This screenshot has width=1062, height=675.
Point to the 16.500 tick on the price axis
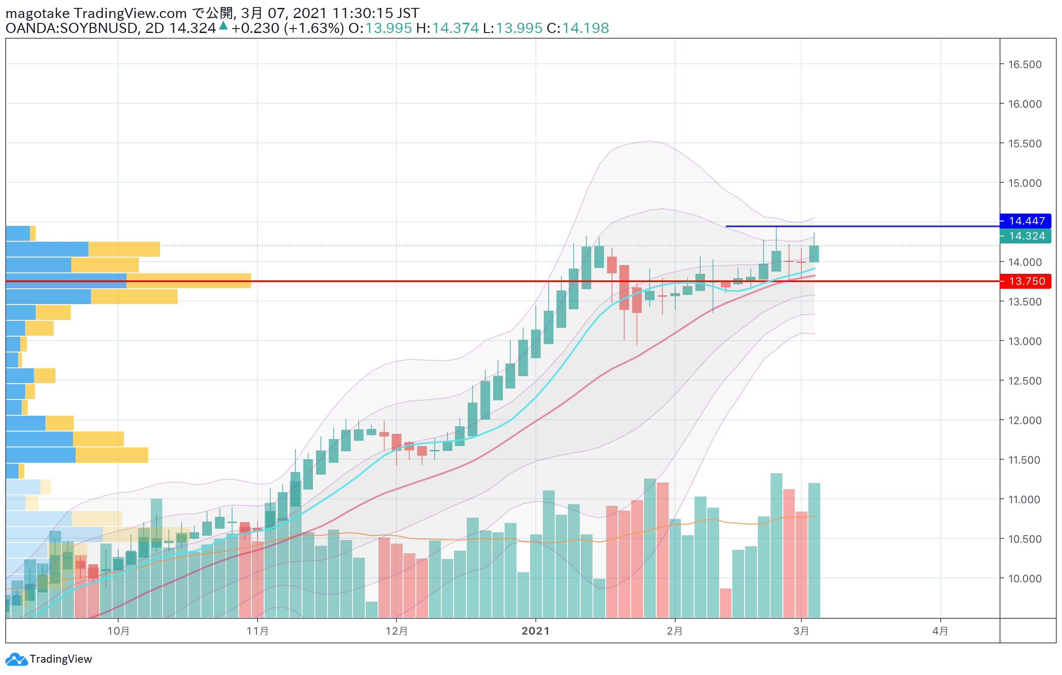1025,64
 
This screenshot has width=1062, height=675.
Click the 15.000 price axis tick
1025,183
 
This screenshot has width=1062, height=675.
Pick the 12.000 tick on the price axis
1025,420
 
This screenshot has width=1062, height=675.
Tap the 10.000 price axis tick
1025,578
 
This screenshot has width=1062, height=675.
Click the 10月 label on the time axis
118,631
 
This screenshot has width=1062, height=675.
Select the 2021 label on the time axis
535,631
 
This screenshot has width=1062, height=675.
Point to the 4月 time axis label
940,631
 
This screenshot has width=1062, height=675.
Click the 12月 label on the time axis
396,631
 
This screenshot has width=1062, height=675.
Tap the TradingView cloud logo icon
16,659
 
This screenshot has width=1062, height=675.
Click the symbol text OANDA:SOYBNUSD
72,28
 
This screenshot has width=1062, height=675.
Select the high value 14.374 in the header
455,28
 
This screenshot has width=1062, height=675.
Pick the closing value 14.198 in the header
585,28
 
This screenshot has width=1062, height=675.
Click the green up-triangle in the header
223,25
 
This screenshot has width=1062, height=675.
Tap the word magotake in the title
37,14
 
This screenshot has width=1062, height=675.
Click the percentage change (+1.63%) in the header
313,28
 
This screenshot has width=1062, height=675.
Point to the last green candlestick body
814,254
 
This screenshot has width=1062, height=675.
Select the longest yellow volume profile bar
189,281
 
